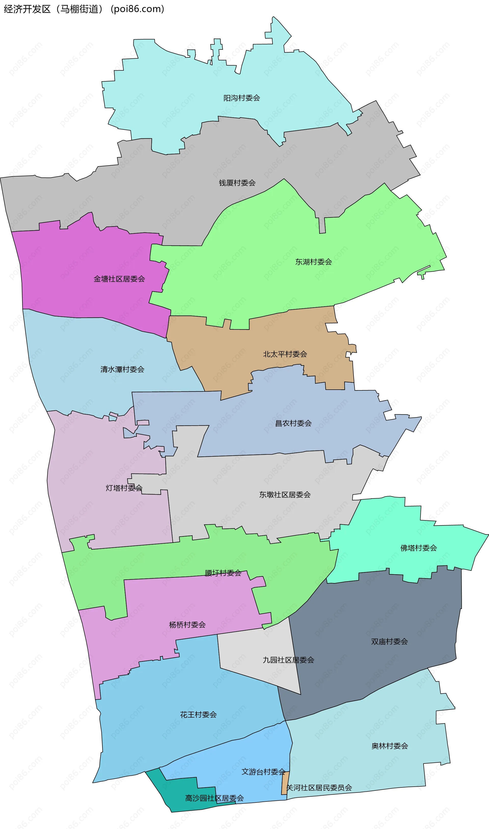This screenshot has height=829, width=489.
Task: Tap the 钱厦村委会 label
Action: point(237,183)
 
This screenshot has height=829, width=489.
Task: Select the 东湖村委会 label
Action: point(313,262)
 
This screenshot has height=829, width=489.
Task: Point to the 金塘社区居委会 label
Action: point(119,279)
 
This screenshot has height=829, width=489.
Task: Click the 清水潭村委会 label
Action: point(122,369)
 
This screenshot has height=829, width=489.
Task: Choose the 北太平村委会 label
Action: point(285,354)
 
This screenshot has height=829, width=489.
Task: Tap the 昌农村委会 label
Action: point(293,423)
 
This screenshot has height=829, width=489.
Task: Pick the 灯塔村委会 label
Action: point(124,488)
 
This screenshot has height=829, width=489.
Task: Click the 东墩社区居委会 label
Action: point(285,494)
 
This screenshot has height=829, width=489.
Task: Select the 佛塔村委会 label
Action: point(418,548)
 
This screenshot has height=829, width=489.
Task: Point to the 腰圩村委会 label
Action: point(223,573)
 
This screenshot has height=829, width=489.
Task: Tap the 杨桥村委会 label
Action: point(187,624)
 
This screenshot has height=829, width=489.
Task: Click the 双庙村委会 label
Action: point(389,642)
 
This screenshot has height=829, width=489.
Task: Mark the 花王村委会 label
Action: point(198,715)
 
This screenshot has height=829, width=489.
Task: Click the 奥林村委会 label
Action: point(390,746)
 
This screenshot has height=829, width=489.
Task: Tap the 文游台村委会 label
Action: point(263,772)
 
